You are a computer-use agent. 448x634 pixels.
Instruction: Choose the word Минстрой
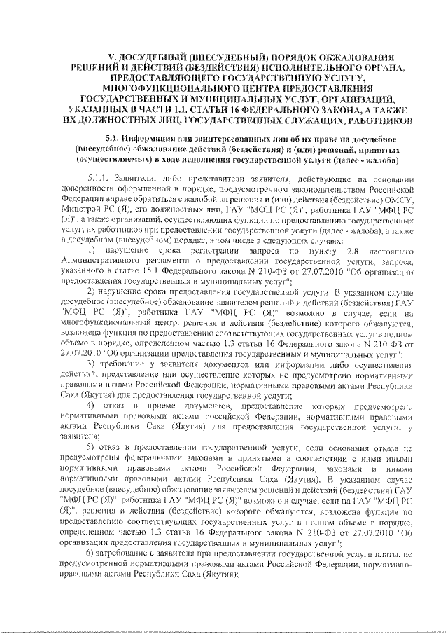click(x=80, y=209)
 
